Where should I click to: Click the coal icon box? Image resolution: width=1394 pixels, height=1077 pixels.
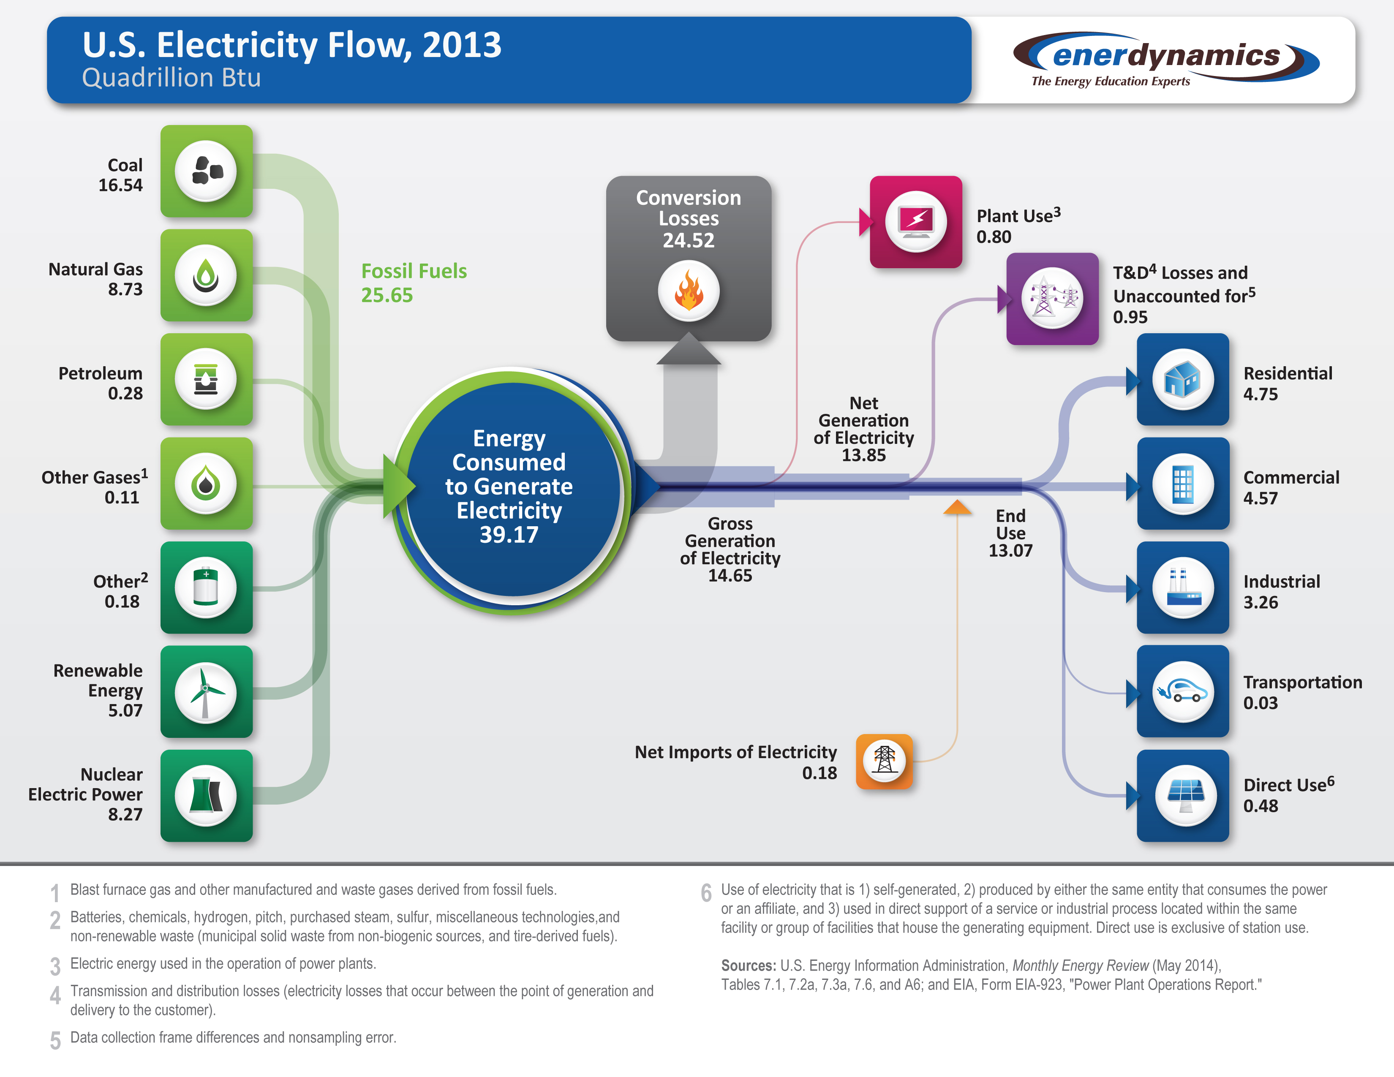point(206,171)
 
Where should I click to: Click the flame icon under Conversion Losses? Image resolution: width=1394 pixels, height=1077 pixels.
point(689,291)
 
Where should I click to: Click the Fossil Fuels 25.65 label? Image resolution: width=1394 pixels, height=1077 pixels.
point(413,283)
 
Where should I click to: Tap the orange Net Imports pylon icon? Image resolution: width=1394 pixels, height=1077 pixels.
point(884,761)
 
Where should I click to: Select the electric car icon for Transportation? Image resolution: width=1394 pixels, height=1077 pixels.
point(1183,692)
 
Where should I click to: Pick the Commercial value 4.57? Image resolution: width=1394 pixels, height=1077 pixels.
point(1261,498)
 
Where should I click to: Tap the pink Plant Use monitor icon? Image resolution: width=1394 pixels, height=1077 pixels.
point(916,221)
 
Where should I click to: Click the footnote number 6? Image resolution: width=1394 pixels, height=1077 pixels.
point(706,892)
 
